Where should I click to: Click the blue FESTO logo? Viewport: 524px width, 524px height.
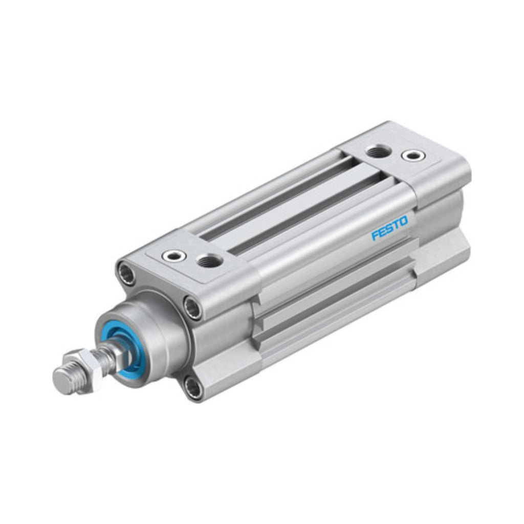pos(389,229)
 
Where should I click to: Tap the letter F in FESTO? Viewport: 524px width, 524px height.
pos(376,235)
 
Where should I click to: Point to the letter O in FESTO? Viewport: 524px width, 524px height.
pos(404,222)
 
